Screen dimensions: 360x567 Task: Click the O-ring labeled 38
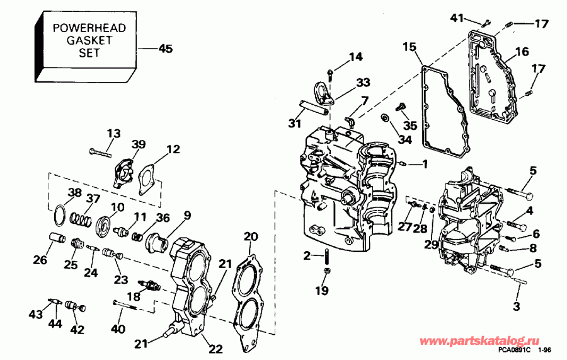tap(58, 214)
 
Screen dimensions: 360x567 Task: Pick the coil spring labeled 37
tap(80, 219)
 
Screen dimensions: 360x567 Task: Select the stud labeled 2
tap(328, 257)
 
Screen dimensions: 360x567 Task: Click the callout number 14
tap(356, 57)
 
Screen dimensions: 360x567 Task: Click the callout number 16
tap(522, 52)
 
